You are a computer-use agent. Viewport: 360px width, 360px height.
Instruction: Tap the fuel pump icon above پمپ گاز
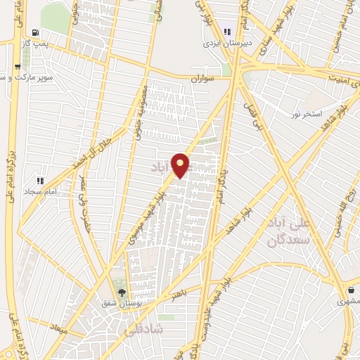point(36,32)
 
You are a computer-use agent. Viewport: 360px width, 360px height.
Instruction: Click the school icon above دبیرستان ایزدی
point(227,30)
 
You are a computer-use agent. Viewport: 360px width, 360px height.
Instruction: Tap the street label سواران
point(203,80)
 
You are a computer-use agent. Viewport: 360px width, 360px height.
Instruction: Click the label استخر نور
point(307,113)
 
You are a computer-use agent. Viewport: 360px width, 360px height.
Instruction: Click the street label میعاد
point(58,328)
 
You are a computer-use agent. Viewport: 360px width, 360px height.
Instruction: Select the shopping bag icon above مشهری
point(352,290)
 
